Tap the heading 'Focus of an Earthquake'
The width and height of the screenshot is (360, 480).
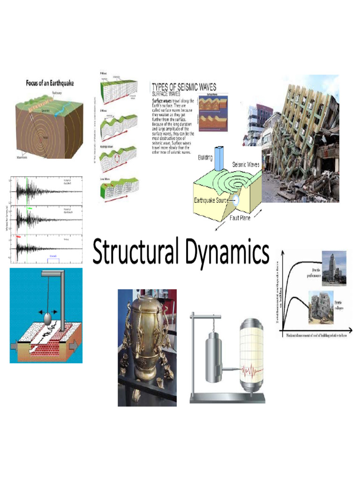[50, 83]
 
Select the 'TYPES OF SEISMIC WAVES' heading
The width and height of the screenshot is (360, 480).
[184, 87]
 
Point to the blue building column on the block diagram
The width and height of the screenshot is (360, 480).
[219, 157]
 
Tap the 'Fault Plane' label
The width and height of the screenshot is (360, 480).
[240, 218]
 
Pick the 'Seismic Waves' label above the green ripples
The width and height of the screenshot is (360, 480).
[247, 165]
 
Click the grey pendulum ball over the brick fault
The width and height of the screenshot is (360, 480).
[49, 318]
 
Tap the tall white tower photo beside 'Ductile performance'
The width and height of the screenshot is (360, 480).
[334, 268]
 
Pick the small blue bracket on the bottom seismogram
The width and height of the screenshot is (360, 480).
[52, 260]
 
